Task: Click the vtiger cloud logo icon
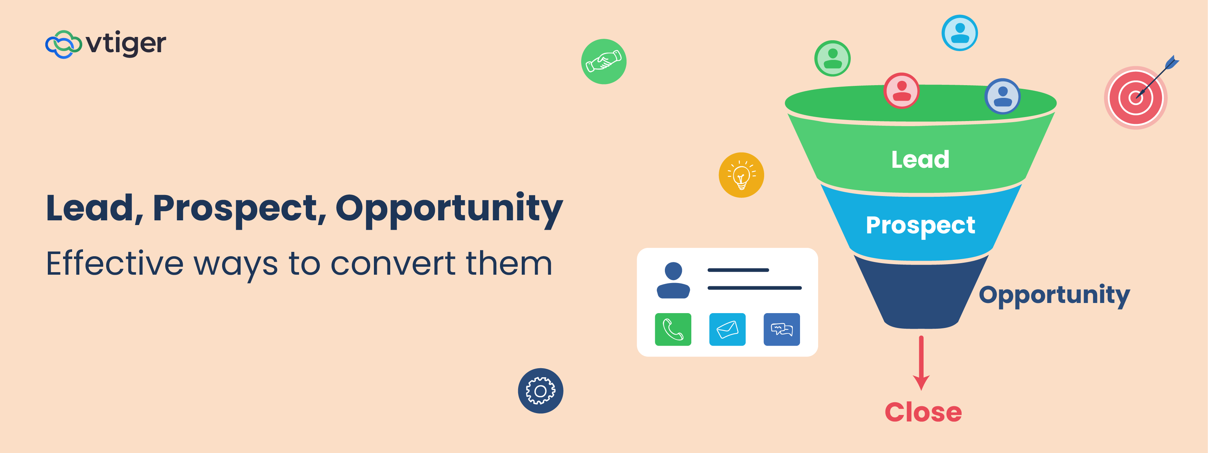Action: coord(63,45)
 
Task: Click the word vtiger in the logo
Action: coord(126,43)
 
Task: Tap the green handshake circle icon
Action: coord(604,62)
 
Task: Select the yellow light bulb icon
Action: coord(741,175)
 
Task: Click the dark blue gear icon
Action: coord(540,391)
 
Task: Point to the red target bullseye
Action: coord(1135,97)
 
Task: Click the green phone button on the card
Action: coord(672,329)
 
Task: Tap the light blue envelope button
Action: coord(727,329)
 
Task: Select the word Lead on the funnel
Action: coord(920,159)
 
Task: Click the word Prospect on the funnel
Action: coord(920,225)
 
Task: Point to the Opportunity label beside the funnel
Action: coord(1054,295)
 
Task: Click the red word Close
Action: coord(923,412)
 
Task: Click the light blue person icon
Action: coord(959,33)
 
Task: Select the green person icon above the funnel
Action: coord(832,58)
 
